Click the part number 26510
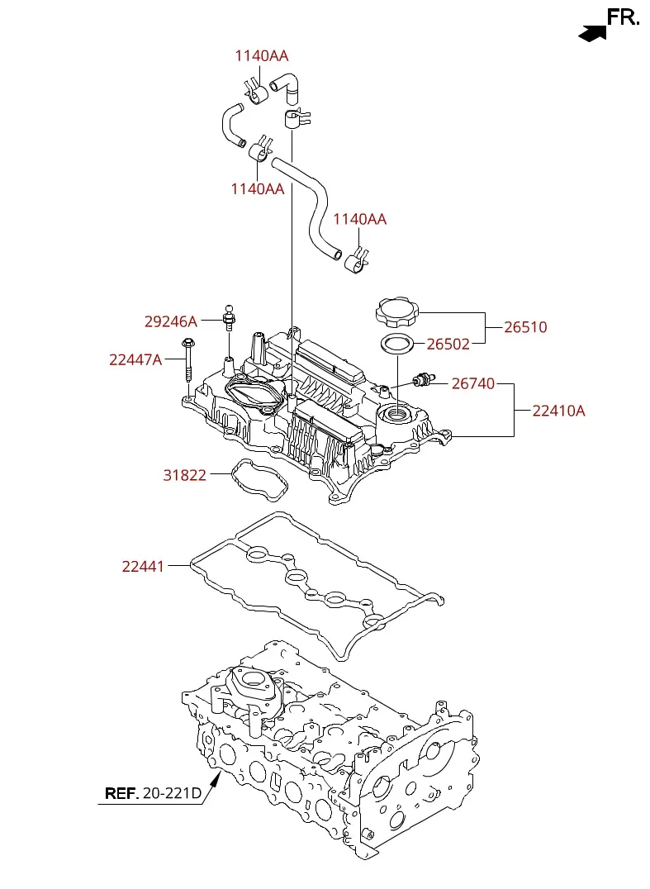pos(525,327)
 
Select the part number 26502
pos(448,345)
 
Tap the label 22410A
pos(558,411)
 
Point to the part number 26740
pos(473,384)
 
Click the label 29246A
pos(171,321)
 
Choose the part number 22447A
pos(135,359)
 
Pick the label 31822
pos(185,475)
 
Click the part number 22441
pos(143,566)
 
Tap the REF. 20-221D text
pos(153,793)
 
